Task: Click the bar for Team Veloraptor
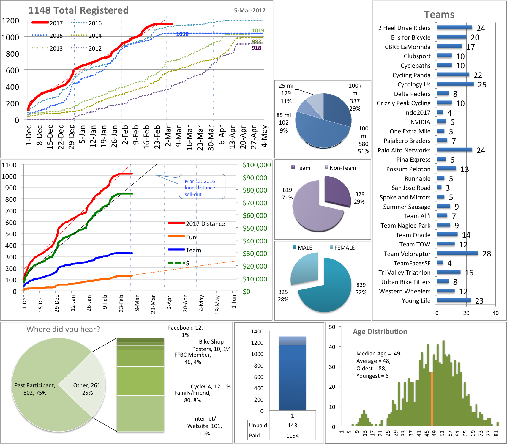[x=457, y=253]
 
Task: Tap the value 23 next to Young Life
[x=479, y=301]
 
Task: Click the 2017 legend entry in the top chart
[x=48, y=23]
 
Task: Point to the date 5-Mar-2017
[x=249, y=10]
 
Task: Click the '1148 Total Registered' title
[x=78, y=10]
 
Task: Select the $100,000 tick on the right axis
[x=257, y=165]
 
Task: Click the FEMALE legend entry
[x=342, y=248]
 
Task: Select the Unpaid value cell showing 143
[x=292, y=425]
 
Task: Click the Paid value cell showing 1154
[x=292, y=435]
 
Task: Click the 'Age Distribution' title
[x=380, y=331]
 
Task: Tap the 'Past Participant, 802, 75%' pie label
[x=35, y=389]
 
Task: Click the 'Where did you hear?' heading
[x=63, y=329]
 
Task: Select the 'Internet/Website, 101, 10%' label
[x=204, y=426]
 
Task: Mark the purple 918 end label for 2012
[x=256, y=48]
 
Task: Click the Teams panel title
[x=439, y=14]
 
